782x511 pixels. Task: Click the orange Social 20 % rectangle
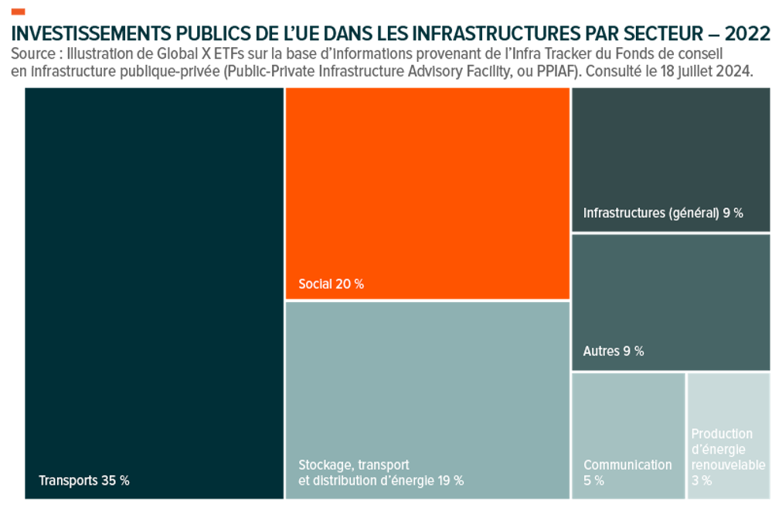coord(427,193)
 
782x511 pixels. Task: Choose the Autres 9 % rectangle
coord(671,302)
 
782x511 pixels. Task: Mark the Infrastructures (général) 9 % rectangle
coord(671,159)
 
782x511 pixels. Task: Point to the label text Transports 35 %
coord(84,480)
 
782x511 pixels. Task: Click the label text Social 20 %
coord(331,284)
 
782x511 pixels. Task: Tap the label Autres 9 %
coord(614,351)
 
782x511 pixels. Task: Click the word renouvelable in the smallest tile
coord(729,465)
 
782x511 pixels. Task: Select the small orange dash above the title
coord(19,12)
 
